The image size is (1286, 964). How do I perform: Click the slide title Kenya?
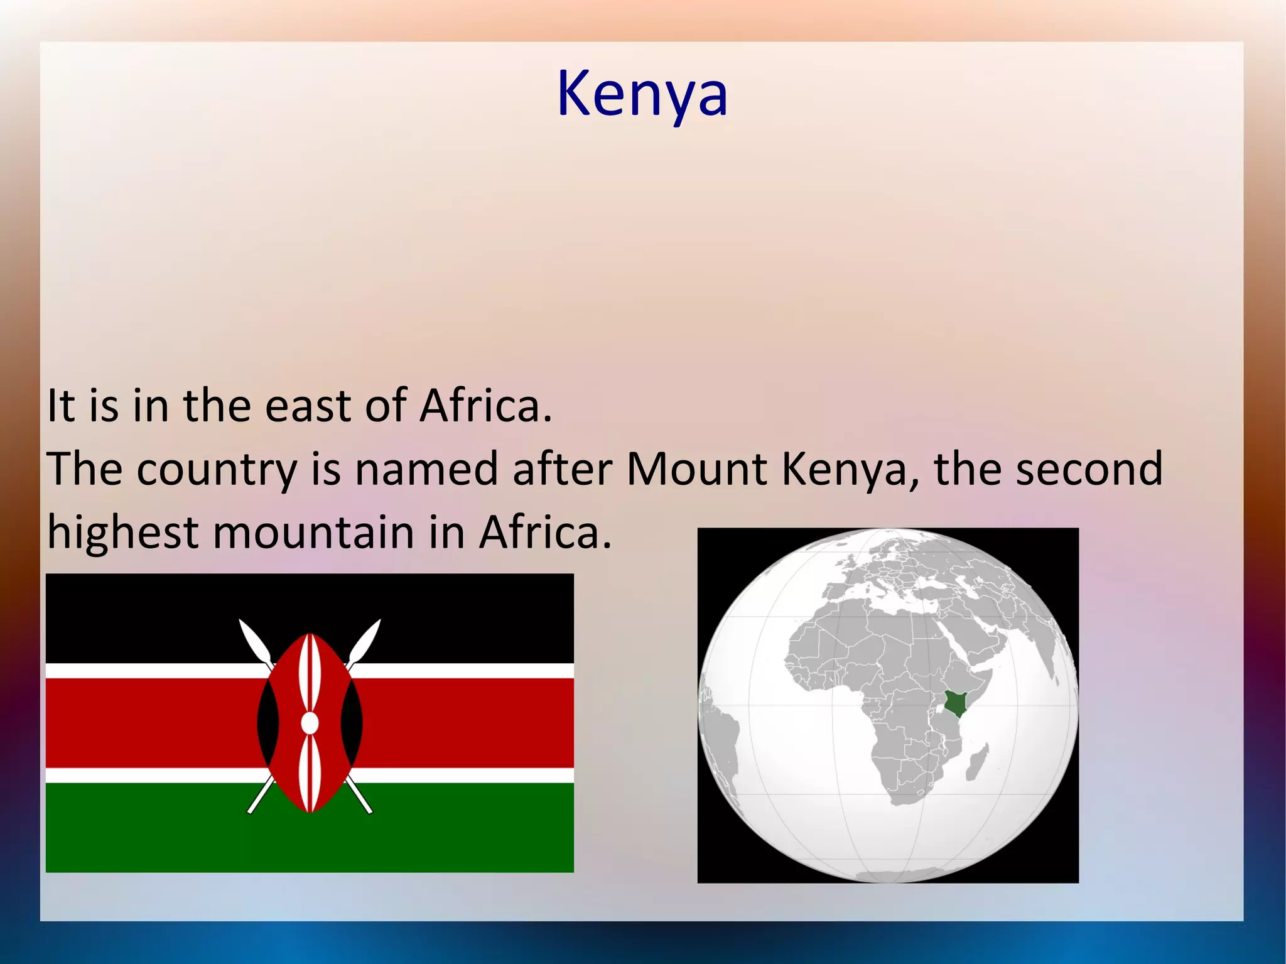[642, 94]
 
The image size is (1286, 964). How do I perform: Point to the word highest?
[123, 532]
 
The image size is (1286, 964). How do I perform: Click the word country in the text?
[217, 470]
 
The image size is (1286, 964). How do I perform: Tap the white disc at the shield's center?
[310, 723]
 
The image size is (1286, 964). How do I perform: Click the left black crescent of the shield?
[267, 723]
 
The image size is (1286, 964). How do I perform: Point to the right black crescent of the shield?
[352, 723]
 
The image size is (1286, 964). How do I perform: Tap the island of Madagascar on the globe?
[978, 761]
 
